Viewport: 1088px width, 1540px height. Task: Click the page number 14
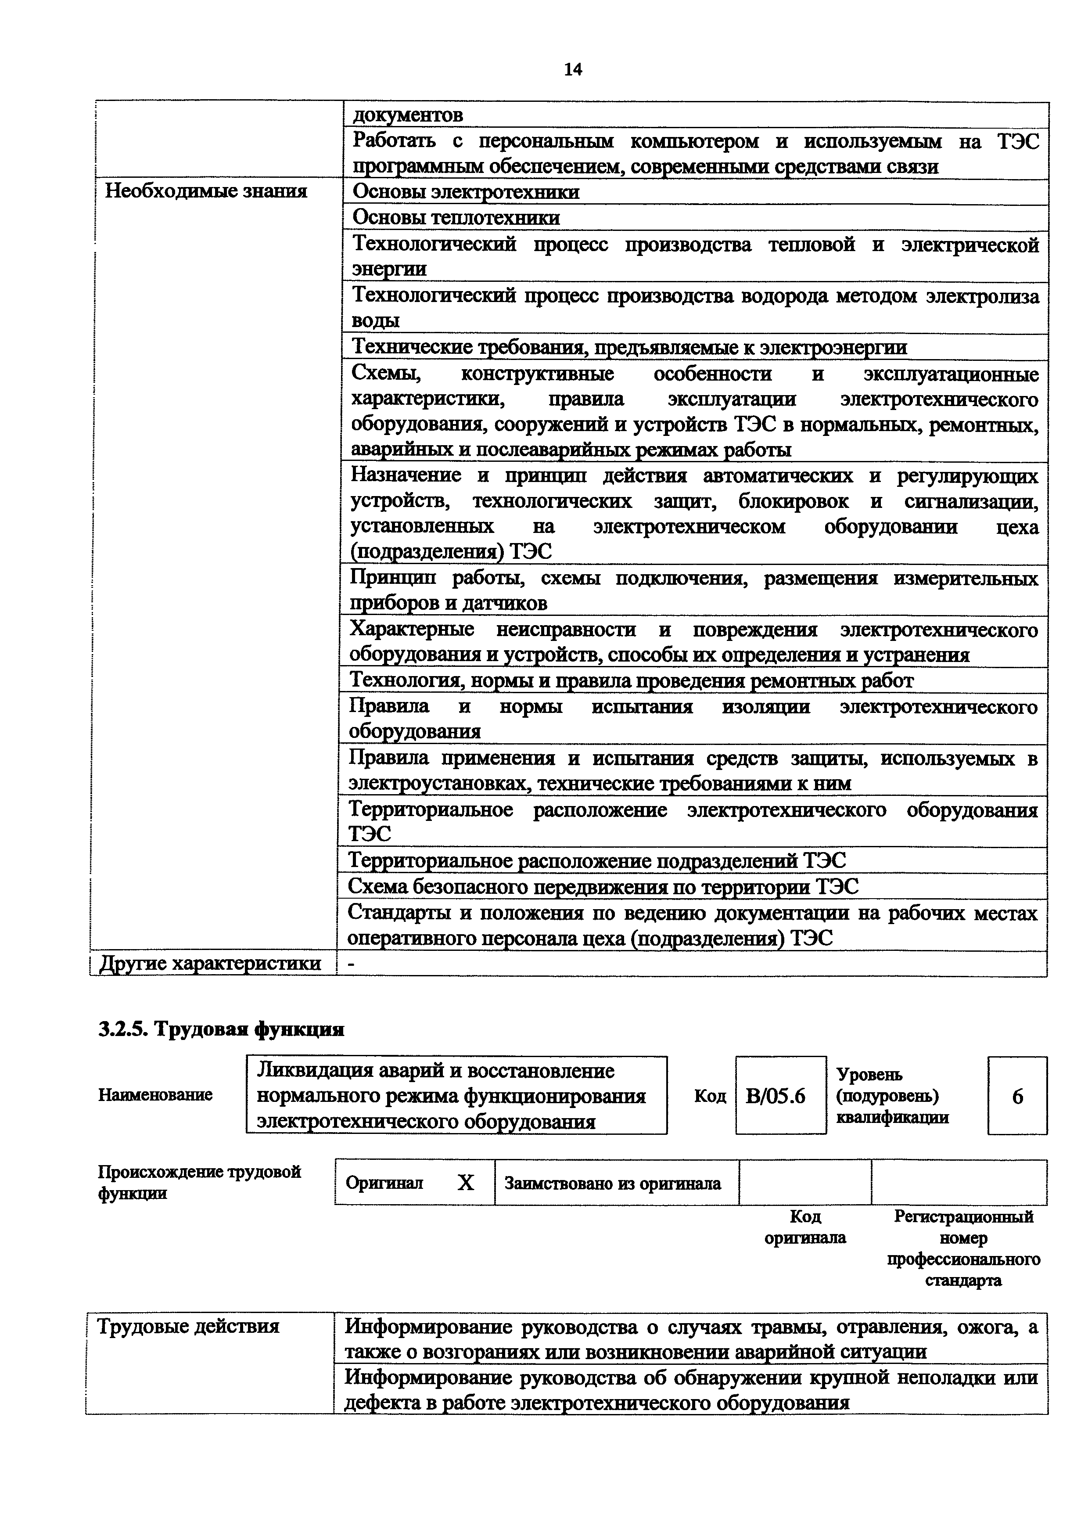pos(573,69)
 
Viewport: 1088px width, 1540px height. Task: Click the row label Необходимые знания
pos(206,192)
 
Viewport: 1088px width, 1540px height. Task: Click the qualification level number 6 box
pos(1017,1096)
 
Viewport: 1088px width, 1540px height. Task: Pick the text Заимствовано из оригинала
pos(613,1183)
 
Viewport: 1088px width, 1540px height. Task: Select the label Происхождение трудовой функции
pos(199,1183)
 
